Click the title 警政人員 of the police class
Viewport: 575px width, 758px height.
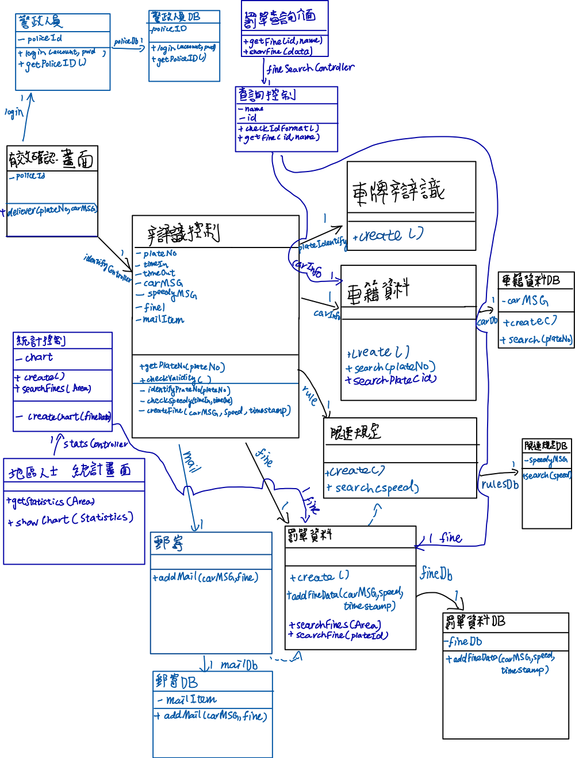40,22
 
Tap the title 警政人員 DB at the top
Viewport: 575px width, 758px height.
175,17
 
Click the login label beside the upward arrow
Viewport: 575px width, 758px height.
14,112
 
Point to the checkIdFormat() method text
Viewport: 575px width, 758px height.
281,128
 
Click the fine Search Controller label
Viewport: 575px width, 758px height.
311,68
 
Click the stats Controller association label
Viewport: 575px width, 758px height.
95,444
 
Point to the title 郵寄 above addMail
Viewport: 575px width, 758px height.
169,542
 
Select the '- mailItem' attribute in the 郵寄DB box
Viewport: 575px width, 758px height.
187,700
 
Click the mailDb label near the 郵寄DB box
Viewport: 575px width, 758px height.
239,665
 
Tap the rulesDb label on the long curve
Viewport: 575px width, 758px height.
500,485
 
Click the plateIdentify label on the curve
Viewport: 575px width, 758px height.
322,245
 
